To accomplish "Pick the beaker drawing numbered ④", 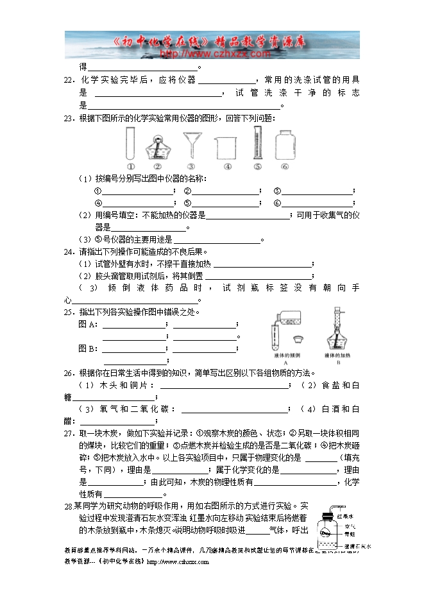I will click(224, 148).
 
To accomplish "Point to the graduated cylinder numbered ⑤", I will click(257, 142).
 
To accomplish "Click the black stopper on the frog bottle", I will click(327, 514).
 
